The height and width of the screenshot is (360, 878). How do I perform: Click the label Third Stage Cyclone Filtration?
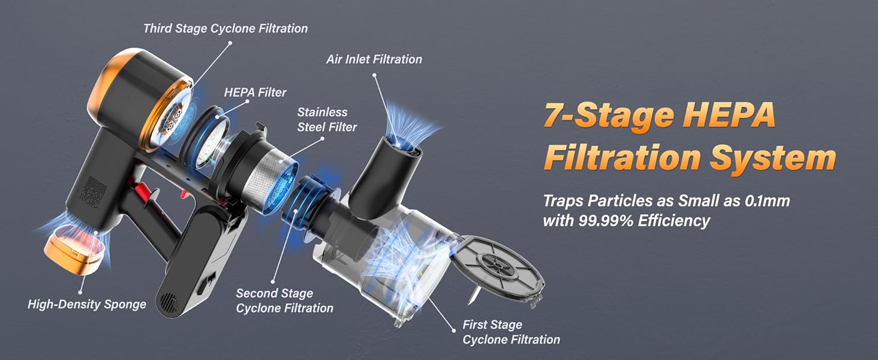[x=225, y=28]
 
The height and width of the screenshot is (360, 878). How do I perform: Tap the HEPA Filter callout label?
[x=255, y=92]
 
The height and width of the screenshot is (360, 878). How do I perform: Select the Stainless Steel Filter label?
[x=327, y=119]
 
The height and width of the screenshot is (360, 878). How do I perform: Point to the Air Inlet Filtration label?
[x=374, y=59]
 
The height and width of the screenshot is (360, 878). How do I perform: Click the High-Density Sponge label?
[x=87, y=304]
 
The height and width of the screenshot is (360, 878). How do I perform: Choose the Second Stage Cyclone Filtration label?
[x=284, y=301]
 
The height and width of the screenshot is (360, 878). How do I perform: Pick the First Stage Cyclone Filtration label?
[x=511, y=332]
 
